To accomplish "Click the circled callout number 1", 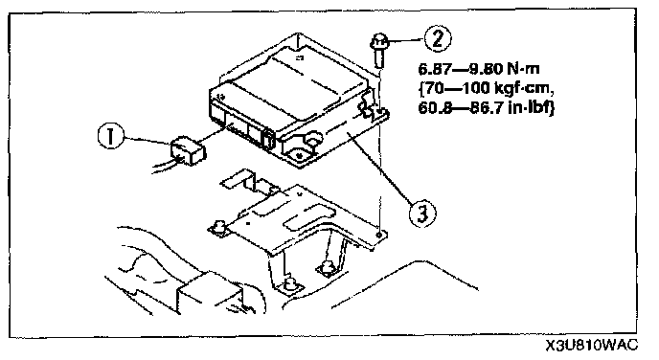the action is [x=110, y=136].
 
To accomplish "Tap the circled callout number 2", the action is [x=437, y=38].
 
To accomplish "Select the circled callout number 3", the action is [x=422, y=214].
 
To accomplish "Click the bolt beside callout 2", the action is [x=378, y=51].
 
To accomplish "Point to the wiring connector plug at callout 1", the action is [x=187, y=151].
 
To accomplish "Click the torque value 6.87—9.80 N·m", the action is [x=478, y=69].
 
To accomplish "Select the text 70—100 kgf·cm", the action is [x=487, y=88].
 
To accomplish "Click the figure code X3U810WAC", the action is [x=592, y=346].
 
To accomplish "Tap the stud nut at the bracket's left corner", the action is [x=218, y=228].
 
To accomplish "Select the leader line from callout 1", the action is [x=147, y=141].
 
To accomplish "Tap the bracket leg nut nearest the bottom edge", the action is [x=289, y=284].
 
